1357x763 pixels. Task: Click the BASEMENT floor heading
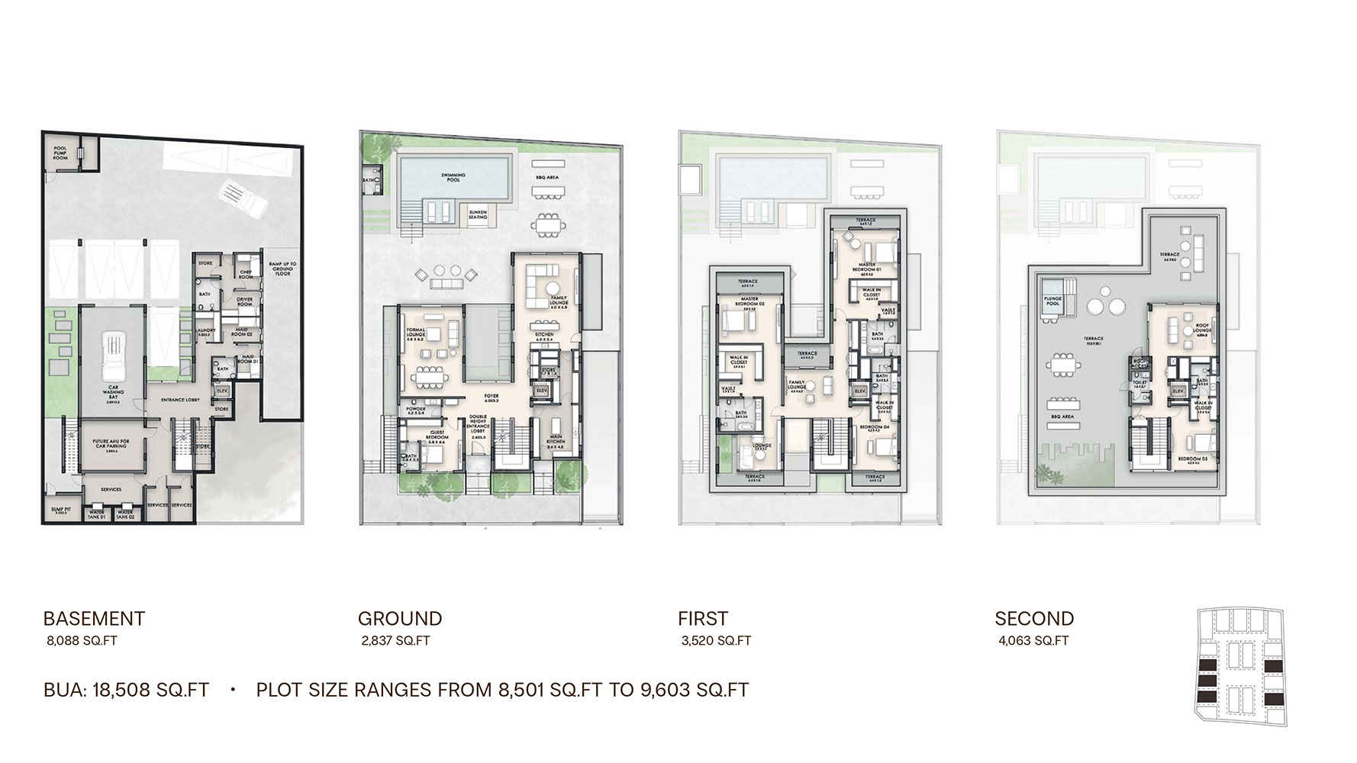94,619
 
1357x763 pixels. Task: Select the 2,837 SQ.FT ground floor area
395,641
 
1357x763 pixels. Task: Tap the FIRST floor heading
702,619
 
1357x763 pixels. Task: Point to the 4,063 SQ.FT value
1033,641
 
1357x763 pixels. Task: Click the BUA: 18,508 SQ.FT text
126,691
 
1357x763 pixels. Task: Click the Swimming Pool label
453,177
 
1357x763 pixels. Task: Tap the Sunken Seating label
478,217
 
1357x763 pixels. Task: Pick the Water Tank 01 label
95,513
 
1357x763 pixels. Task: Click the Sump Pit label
59,510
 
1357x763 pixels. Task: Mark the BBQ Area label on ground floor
547,176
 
